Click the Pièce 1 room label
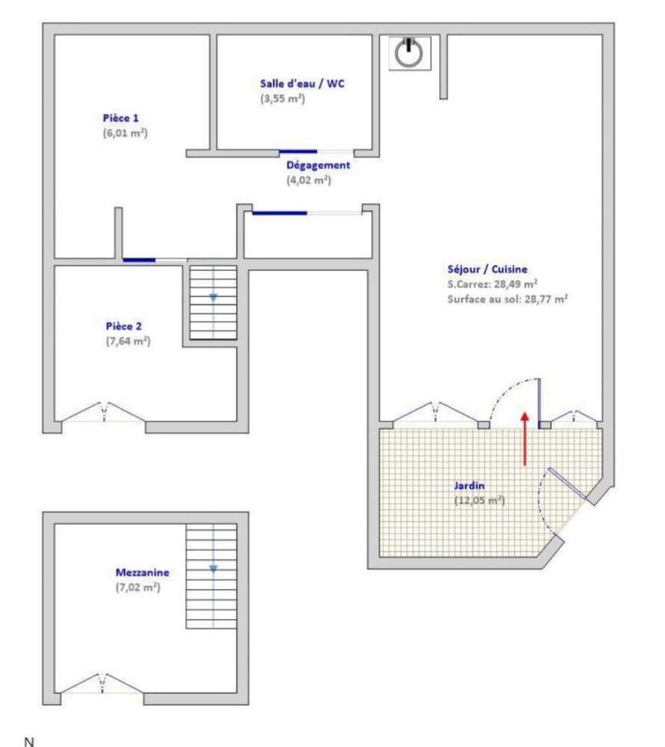pyautogui.click(x=121, y=119)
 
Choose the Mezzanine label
pyautogui.click(x=136, y=572)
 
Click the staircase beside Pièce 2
pyautogui.click(x=214, y=303)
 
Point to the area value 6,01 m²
pyautogui.click(x=126, y=134)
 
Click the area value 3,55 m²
pyautogui.click(x=283, y=98)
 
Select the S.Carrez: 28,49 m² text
pyautogui.click(x=492, y=285)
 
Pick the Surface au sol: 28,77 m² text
pyautogui.click(x=507, y=300)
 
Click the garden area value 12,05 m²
pyautogui.click(x=478, y=500)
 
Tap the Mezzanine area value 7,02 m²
pyautogui.click(x=137, y=587)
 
